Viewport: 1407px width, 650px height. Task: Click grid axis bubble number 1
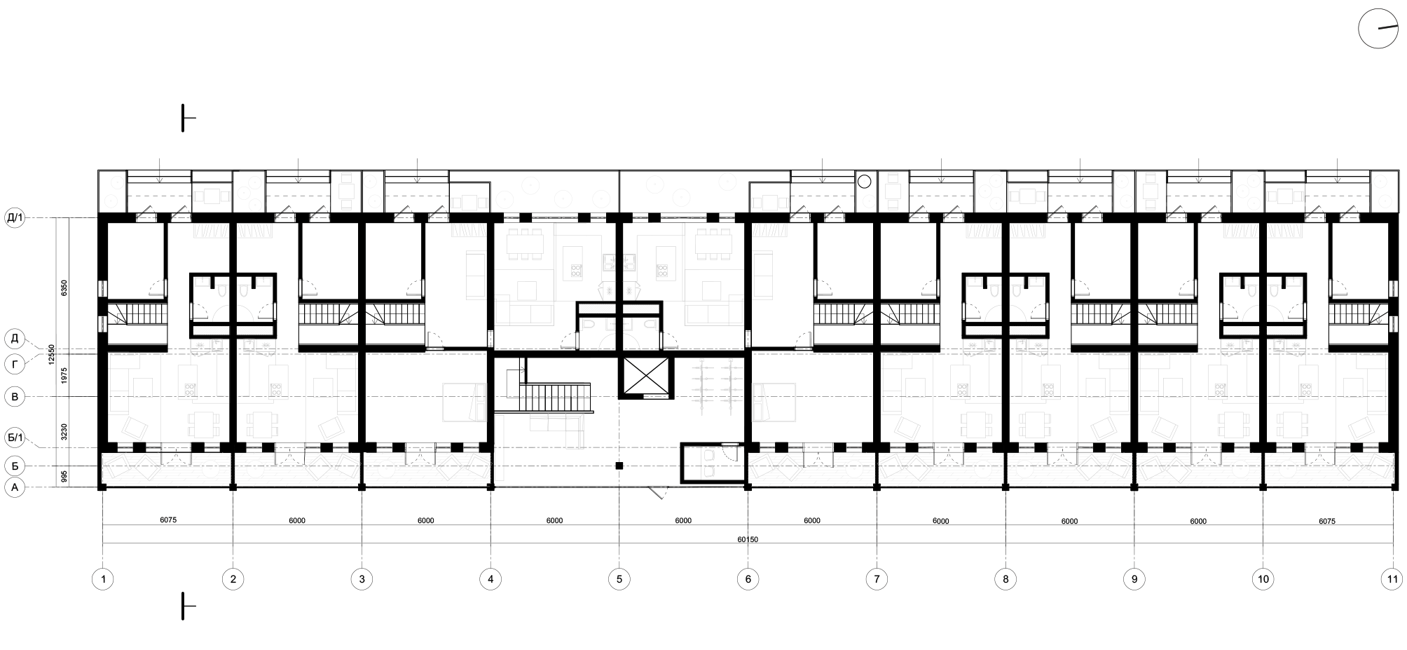click(x=103, y=579)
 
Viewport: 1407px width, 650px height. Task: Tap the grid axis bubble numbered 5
click(x=619, y=579)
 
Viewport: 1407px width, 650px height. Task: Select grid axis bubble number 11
click(x=1392, y=579)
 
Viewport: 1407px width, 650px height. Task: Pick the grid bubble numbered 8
click(x=1006, y=579)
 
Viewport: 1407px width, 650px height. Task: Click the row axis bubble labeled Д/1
click(x=15, y=218)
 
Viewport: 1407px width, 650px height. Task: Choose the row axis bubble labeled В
click(x=15, y=398)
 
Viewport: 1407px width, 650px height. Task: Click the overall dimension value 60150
click(x=748, y=540)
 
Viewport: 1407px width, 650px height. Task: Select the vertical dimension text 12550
click(x=51, y=353)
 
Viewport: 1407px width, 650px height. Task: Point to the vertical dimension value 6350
click(x=63, y=287)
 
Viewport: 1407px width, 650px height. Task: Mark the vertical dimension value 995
click(x=63, y=477)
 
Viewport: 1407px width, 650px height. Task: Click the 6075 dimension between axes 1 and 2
click(x=168, y=520)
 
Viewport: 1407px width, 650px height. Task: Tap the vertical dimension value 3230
click(x=63, y=431)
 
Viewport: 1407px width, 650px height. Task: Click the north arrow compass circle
click(x=1378, y=29)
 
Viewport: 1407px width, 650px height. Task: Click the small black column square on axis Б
click(x=619, y=465)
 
